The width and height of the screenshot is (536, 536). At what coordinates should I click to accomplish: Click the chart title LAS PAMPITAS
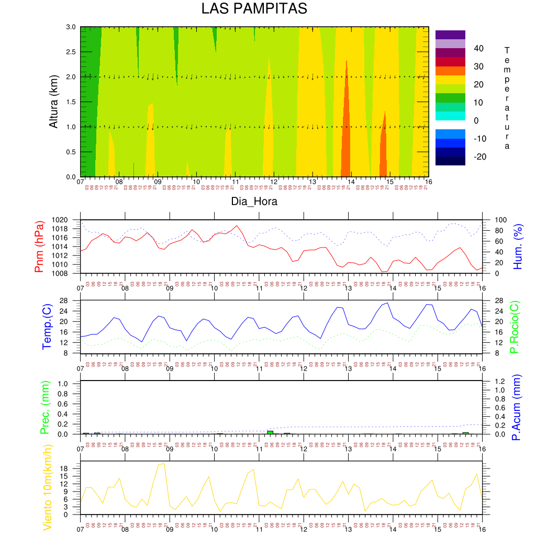(254, 9)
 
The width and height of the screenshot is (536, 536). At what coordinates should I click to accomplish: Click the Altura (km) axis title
(53, 102)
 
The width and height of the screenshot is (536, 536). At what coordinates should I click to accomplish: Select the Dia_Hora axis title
(254, 202)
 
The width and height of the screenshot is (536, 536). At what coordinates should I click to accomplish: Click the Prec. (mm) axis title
(44, 407)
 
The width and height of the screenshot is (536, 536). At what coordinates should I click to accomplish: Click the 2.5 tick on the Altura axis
(70, 52)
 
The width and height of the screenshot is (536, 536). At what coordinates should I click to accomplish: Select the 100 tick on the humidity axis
(493, 220)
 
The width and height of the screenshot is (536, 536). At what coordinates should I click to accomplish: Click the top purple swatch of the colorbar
(450, 35)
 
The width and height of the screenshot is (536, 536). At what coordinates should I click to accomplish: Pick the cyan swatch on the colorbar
(450, 116)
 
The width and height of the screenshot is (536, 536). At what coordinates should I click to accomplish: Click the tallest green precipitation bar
(270, 432)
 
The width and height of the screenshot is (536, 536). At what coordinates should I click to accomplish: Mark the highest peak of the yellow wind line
(164, 463)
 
